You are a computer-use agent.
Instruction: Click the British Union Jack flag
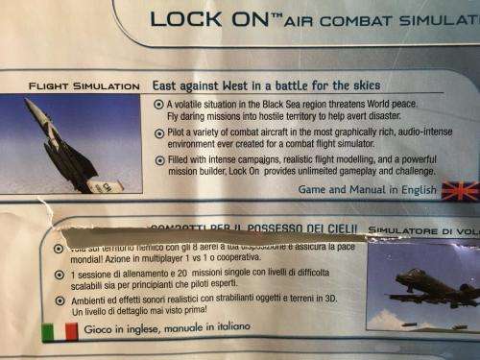point(459,190)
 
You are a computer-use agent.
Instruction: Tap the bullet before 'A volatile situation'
point(158,104)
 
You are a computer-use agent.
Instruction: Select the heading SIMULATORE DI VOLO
point(422,231)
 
